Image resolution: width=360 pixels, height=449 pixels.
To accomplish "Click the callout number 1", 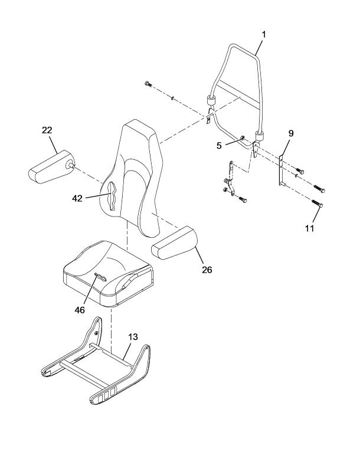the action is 264,35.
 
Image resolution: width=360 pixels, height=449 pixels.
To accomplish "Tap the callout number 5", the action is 219,146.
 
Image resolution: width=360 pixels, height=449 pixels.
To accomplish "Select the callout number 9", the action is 291,133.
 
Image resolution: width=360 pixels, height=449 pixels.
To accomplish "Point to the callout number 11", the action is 309,228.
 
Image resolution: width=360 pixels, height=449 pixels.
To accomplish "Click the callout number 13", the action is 133,337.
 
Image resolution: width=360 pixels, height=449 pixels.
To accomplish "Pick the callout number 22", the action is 47,130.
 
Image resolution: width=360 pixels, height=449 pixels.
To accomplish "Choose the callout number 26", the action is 207,270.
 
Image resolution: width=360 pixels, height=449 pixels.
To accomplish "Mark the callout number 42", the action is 77,198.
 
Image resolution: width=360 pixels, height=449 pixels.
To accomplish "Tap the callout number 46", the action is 80,310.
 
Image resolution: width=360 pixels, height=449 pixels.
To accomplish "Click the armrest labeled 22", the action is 51,167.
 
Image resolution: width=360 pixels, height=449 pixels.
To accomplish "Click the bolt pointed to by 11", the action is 318,203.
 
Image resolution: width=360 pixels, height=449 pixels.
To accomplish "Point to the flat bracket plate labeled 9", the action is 281,171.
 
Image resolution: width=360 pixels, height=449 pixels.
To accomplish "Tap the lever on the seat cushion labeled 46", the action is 100,277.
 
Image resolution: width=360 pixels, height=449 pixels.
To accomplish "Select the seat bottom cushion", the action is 107,274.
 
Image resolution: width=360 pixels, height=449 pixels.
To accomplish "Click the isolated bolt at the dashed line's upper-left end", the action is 148,84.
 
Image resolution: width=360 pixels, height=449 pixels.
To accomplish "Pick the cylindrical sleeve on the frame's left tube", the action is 211,101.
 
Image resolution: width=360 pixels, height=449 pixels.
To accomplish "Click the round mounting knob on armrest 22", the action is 70,165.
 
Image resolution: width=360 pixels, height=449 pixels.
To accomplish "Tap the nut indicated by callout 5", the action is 243,137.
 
